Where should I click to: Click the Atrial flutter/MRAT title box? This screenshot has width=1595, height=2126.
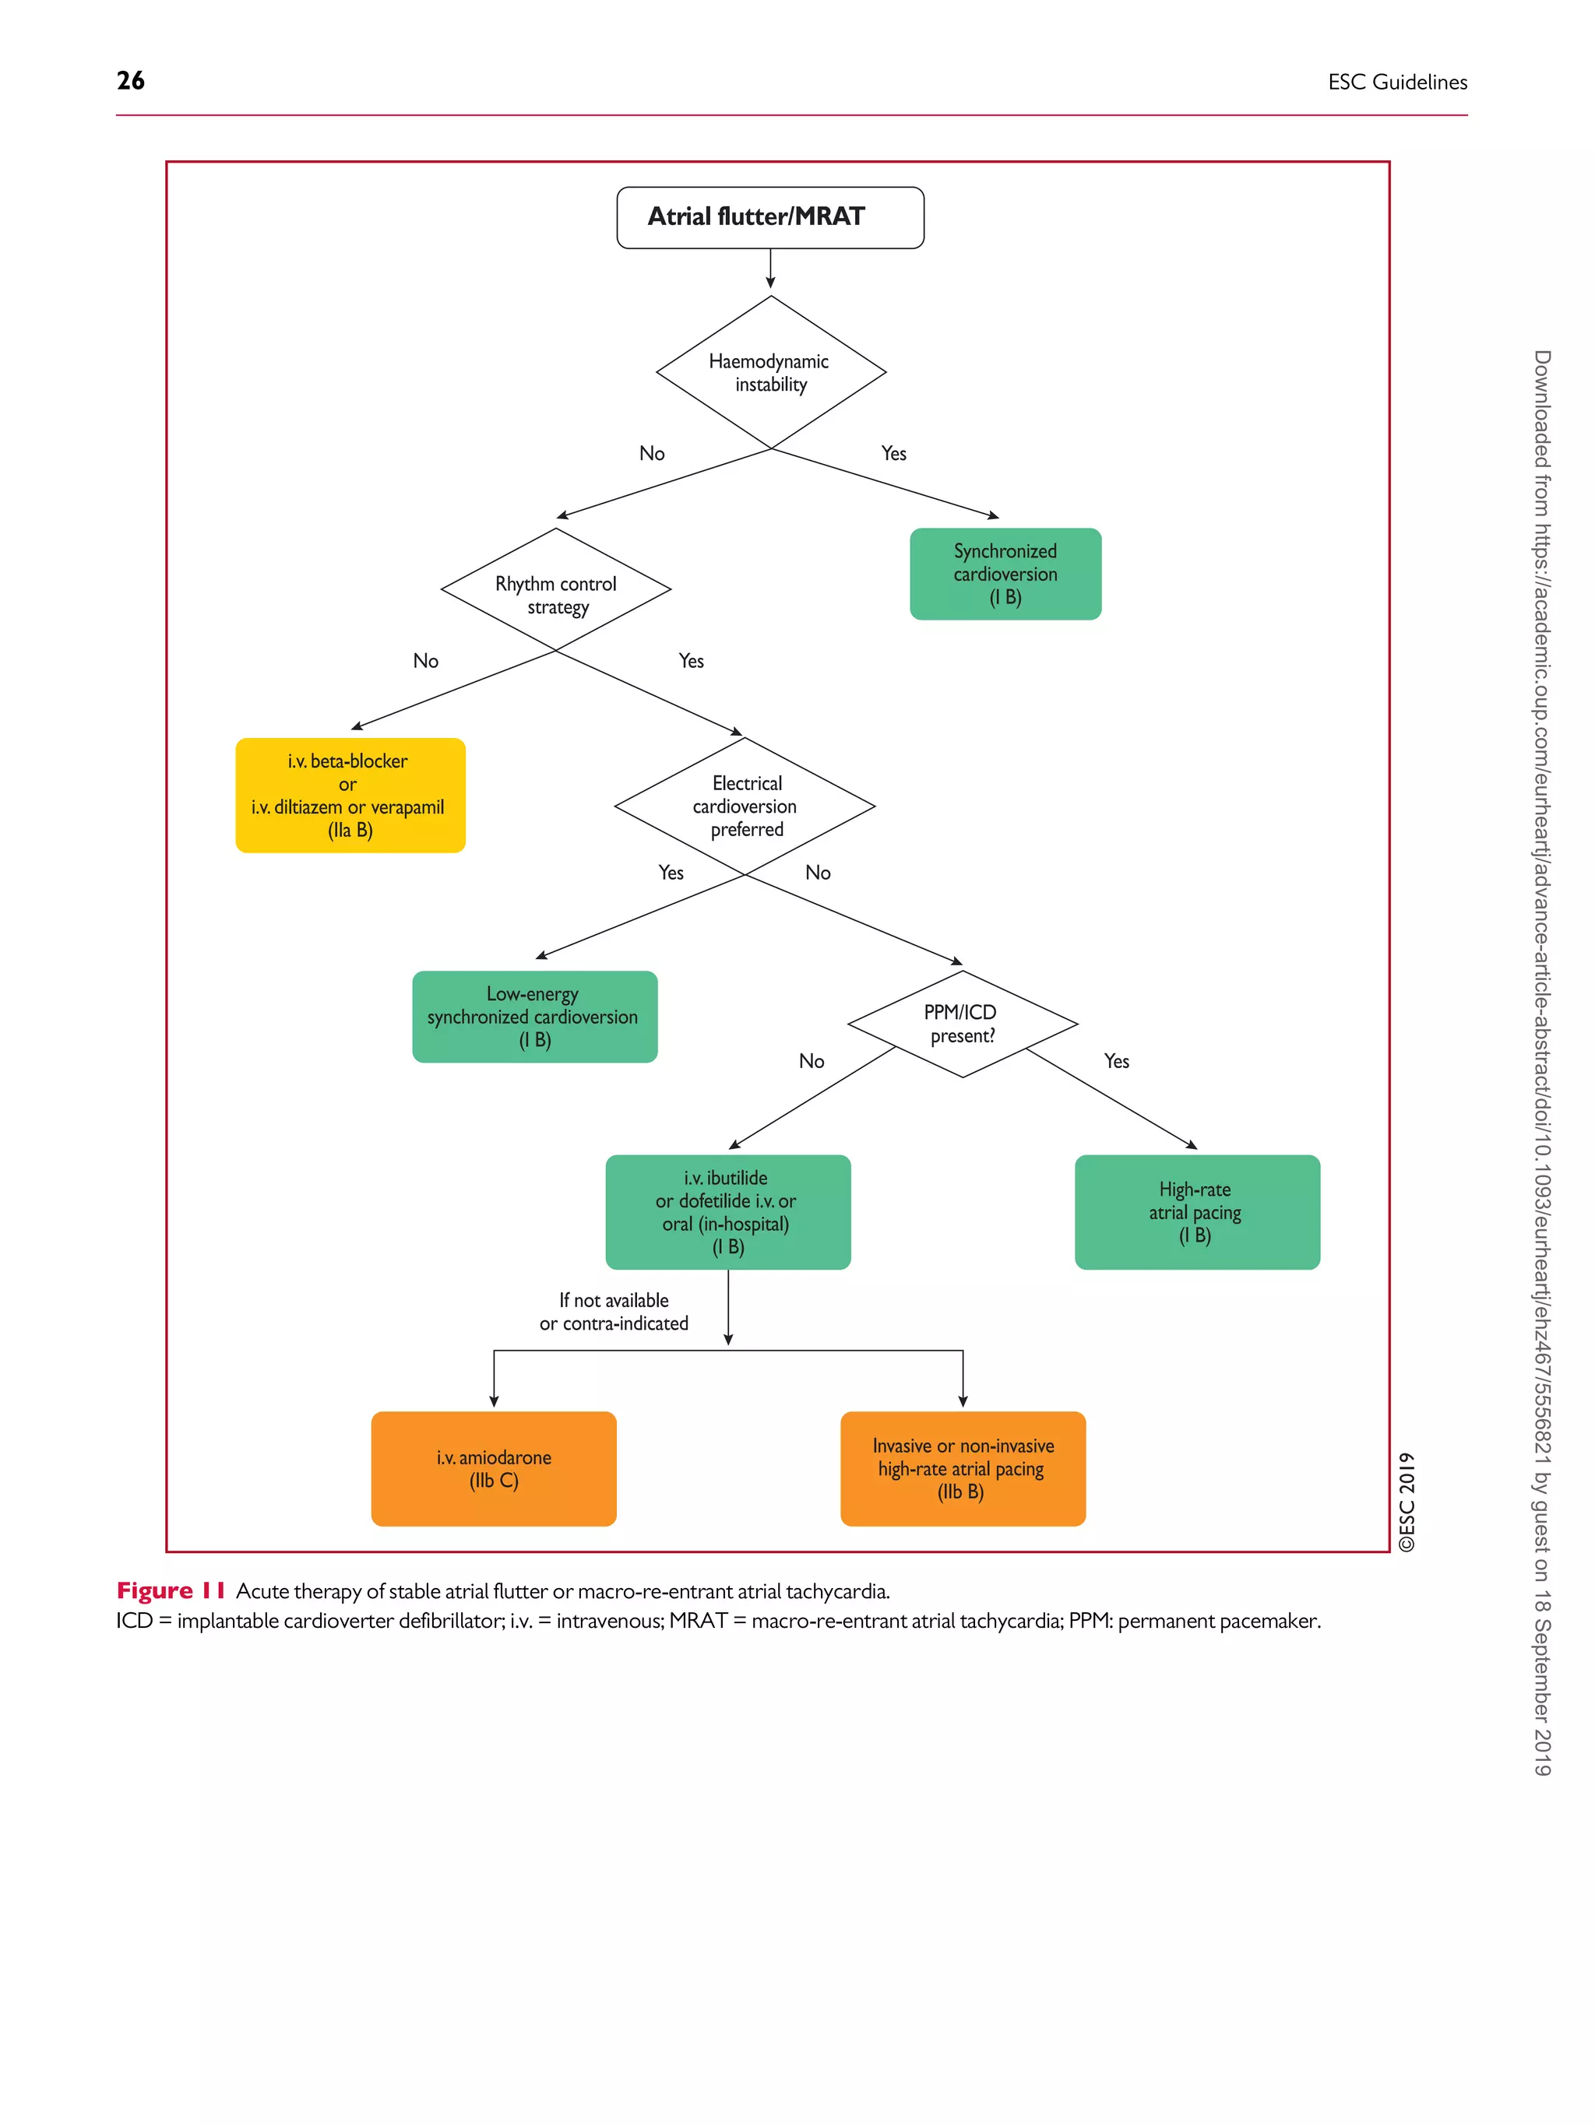(769, 218)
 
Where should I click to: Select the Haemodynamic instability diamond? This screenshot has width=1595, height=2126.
(770, 373)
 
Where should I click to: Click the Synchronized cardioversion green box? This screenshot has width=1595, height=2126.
(1005, 574)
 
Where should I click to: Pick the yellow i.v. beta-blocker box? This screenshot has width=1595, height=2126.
(350, 795)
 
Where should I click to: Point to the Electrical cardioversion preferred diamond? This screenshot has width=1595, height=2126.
(745, 806)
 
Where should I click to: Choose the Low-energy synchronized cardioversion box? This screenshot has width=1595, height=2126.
(534, 1016)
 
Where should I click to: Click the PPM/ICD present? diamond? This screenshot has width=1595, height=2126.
(961, 1024)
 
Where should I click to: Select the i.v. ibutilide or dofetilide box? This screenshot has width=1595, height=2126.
(728, 1211)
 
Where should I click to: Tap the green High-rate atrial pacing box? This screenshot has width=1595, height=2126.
(1196, 1211)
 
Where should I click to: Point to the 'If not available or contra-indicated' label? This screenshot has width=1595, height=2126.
(614, 1312)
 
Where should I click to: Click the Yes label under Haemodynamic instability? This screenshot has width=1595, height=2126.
(893, 454)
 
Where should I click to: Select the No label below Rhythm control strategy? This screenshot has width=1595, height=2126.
(425, 661)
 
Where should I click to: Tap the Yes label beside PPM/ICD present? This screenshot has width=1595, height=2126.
(1115, 1061)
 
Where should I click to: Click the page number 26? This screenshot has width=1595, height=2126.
(131, 81)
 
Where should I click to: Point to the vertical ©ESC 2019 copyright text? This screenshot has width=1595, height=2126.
(1407, 1500)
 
